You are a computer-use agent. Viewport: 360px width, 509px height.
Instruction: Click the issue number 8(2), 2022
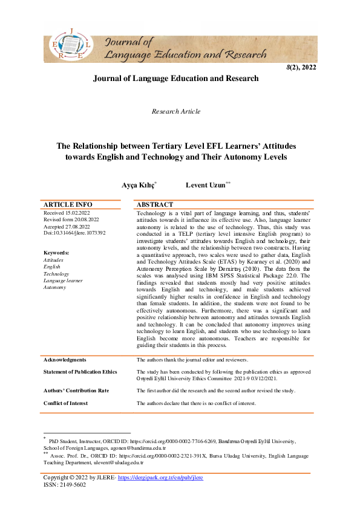(x=301, y=68)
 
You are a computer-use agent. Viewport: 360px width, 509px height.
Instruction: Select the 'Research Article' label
(x=176, y=111)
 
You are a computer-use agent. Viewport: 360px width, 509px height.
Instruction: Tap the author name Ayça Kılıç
(x=139, y=184)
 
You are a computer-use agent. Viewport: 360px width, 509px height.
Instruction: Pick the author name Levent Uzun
(x=206, y=184)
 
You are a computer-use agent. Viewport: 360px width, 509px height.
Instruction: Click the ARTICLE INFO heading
(x=68, y=205)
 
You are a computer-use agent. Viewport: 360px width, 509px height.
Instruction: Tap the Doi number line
(x=74, y=233)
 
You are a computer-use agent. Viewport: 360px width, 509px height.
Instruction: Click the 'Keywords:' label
(x=56, y=253)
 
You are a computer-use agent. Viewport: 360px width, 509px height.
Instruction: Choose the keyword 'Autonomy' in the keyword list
(x=55, y=287)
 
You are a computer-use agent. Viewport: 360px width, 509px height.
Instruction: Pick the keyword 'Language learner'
(x=63, y=280)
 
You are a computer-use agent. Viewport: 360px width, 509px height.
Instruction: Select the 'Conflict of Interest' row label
(x=66, y=403)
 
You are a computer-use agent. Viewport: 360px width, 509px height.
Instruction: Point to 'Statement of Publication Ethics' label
(x=80, y=372)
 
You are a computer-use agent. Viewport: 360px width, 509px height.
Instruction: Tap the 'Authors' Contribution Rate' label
(x=76, y=391)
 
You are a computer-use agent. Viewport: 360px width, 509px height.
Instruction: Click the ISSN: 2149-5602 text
(x=65, y=485)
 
